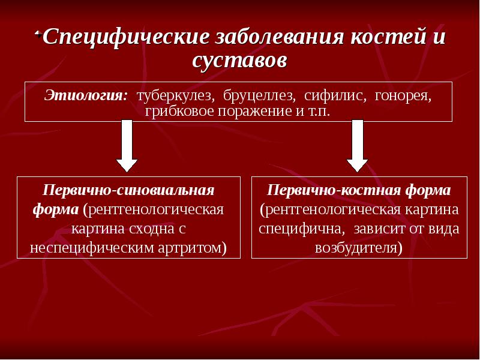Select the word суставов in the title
[x=240, y=60]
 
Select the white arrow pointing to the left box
[x=127, y=145]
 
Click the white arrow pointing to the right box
[x=358, y=145]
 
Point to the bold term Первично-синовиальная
[x=128, y=190]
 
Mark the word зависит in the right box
[x=392, y=229]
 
